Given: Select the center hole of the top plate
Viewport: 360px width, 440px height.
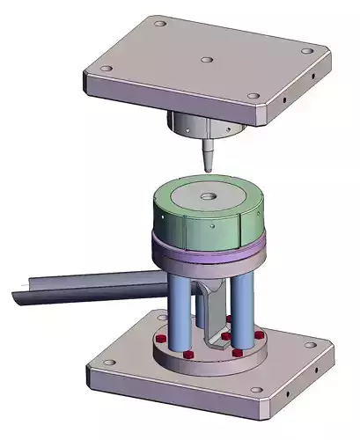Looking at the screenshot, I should coord(205,61).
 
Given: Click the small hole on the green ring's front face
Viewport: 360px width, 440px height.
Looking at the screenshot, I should coord(216,226).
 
